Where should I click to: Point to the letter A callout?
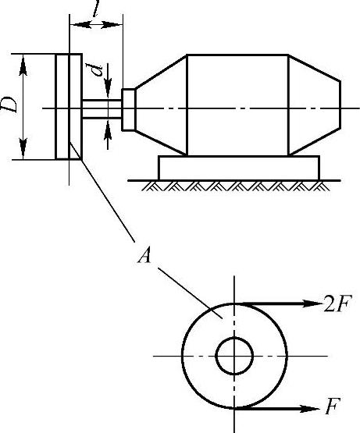[144, 255]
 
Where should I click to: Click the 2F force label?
[337, 303]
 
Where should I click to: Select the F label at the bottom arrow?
[333, 406]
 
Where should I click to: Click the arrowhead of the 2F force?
[312, 303]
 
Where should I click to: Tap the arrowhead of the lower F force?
[310, 408]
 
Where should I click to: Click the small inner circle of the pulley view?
[234, 338]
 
